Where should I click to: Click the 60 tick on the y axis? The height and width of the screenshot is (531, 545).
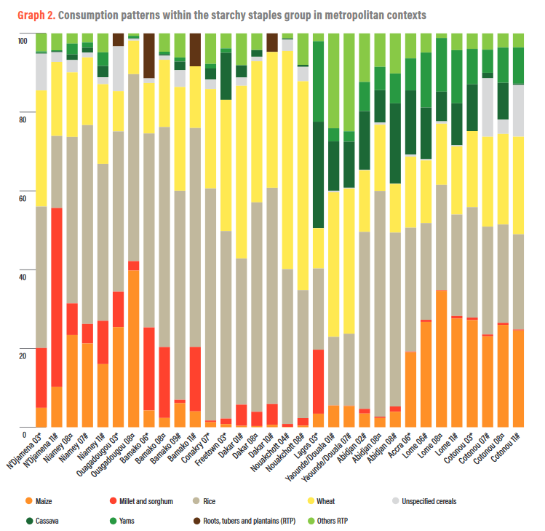pos(21,198)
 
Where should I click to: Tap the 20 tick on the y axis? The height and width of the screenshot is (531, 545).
pos(21,355)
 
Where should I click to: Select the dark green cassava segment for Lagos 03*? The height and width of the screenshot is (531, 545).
pos(317,175)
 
